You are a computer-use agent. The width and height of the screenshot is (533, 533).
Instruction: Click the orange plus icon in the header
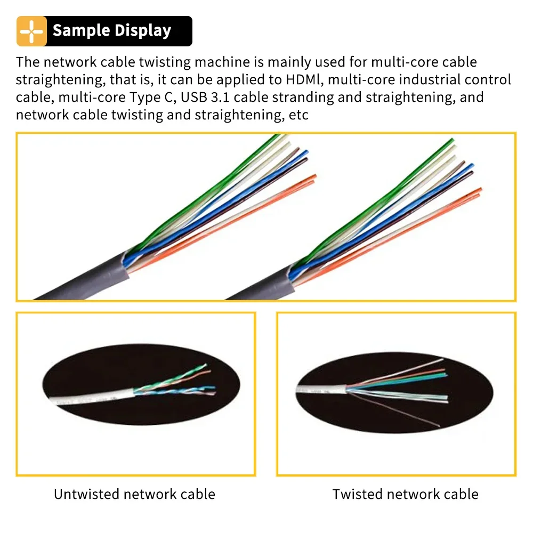click(x=31, y=31)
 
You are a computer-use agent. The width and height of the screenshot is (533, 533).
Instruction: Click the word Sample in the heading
click(x=81, y=30)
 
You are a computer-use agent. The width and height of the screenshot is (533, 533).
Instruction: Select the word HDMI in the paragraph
click(x=304, y=79)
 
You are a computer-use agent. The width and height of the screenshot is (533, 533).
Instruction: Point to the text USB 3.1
click(x=205, y=97)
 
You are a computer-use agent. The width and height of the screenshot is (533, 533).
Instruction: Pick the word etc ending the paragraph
click(x=298, y=115)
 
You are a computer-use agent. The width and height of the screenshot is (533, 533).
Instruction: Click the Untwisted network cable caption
click(x=135, y=494)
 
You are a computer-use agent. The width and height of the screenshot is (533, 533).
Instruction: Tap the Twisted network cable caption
click(x=405, y=494)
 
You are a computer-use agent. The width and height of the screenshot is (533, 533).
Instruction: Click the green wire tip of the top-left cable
click(x=278, y=136)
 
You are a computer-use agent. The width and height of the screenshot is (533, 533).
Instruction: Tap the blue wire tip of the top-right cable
click(x=471, y=166)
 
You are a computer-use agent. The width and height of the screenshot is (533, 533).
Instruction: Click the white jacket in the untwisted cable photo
click(x=91, y=396)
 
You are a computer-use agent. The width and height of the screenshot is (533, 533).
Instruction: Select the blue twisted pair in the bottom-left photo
click(x=175, y=391)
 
